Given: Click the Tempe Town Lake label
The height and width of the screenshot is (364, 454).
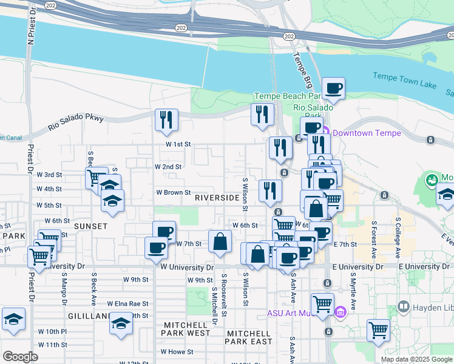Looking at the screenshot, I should (x=404, y=76).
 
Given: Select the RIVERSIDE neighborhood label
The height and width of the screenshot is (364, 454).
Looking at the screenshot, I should (x=217, y=198).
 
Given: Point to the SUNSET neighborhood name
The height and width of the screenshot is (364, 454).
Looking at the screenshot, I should (x=90, y=226).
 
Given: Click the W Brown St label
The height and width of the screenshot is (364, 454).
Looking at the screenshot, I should (x=174, y=192).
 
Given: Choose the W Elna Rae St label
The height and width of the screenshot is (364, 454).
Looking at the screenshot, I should (x=127, y=303).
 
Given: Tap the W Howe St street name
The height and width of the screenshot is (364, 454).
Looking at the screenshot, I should (x=177, y=351).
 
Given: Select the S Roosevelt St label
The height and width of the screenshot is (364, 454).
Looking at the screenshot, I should (x=224, y=294).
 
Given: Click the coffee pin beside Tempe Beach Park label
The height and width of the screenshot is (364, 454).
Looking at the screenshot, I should (x=333, y=89).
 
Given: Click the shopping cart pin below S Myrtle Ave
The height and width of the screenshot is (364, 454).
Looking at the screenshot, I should (x=378, y=331).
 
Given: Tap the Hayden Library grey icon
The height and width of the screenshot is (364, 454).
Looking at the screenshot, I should (x=402, y=308).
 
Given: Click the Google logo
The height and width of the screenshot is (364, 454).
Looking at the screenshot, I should (x=20, y=356).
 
